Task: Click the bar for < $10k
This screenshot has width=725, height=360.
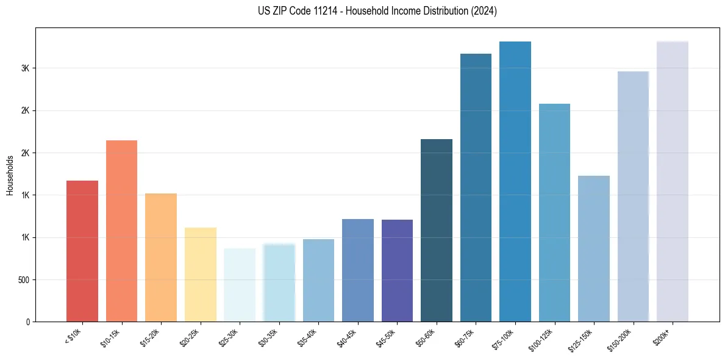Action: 82,251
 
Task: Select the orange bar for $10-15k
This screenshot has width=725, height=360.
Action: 121,231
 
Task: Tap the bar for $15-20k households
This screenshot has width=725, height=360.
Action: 161,257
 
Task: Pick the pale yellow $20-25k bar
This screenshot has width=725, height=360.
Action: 201,275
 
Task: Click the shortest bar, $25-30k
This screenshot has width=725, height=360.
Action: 240,285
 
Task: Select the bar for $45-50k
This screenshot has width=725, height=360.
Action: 397,271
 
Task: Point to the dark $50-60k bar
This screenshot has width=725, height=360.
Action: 437,231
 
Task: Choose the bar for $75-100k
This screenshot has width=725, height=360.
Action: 515,182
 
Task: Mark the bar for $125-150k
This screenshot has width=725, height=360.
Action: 594,249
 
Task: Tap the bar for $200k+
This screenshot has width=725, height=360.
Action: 673,182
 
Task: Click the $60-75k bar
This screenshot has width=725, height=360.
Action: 476,188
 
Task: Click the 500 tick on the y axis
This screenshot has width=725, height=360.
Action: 23,280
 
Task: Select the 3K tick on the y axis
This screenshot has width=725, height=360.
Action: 26,68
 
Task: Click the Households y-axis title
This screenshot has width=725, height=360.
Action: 10,175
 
